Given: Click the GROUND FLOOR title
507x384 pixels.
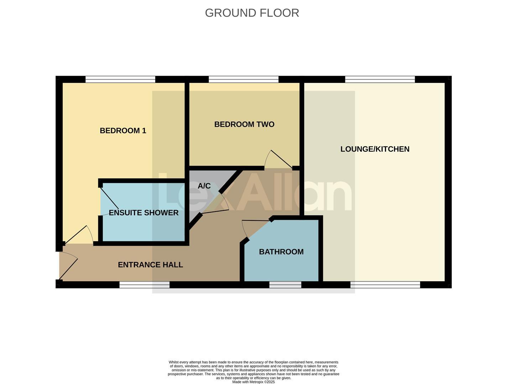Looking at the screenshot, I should [252, 13].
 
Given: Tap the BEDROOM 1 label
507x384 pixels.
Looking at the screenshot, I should [123, 130].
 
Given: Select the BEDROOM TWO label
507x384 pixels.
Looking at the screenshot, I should [244, 124].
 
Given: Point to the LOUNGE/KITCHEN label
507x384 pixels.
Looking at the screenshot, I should [375, 149].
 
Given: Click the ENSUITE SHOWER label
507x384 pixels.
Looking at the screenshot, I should [143, 213].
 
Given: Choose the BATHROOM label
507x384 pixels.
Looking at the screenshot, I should [281, 252].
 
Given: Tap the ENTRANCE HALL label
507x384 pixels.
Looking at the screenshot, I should [150, 265].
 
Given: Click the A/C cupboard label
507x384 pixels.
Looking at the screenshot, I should [204, 186].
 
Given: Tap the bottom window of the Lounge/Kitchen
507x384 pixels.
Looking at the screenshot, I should [385, 284].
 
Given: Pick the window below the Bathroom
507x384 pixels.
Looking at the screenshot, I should [285, 284].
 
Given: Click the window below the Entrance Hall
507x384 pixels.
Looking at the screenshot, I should [144, 284].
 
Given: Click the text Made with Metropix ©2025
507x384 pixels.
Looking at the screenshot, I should [253, 382].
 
